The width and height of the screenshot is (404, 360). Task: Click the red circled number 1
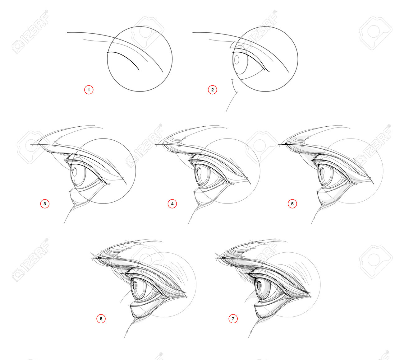(89, 90)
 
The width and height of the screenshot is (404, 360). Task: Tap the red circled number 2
(212, 90)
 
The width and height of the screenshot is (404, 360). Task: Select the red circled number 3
(45, 204)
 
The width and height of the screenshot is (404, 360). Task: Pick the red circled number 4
(172, 204)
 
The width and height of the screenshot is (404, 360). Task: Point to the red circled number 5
(292, 204)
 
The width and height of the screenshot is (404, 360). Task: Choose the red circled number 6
(101, 319)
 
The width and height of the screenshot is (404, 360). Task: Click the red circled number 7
(233, 319)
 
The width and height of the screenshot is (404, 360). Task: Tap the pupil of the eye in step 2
(237, 60)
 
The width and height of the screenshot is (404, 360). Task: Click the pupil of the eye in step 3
(75, 172)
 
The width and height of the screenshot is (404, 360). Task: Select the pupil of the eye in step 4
(199, 172)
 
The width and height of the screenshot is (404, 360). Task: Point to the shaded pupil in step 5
(322, 172)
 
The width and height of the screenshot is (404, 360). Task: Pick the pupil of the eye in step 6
(135, 286)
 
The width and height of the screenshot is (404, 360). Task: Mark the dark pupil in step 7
(259, 286)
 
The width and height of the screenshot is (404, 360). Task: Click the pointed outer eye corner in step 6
(187, 297)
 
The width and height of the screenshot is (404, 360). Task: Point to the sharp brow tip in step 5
(279, 144)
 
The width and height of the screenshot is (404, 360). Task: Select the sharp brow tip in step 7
(215, 258)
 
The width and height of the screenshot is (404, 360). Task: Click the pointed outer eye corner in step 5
(374, 184)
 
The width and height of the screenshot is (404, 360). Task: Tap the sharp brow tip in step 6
(91, 258)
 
